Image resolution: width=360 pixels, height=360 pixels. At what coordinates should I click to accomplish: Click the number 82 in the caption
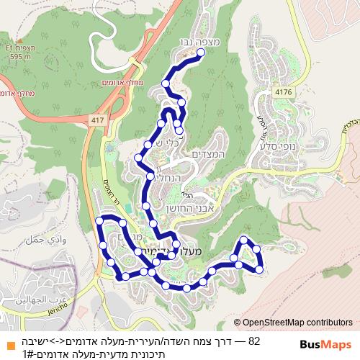click(253, 339)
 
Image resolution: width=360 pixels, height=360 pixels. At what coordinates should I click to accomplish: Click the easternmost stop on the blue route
click(260, 269)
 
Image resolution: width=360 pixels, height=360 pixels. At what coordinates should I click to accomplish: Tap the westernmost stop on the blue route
click(99, 221)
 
